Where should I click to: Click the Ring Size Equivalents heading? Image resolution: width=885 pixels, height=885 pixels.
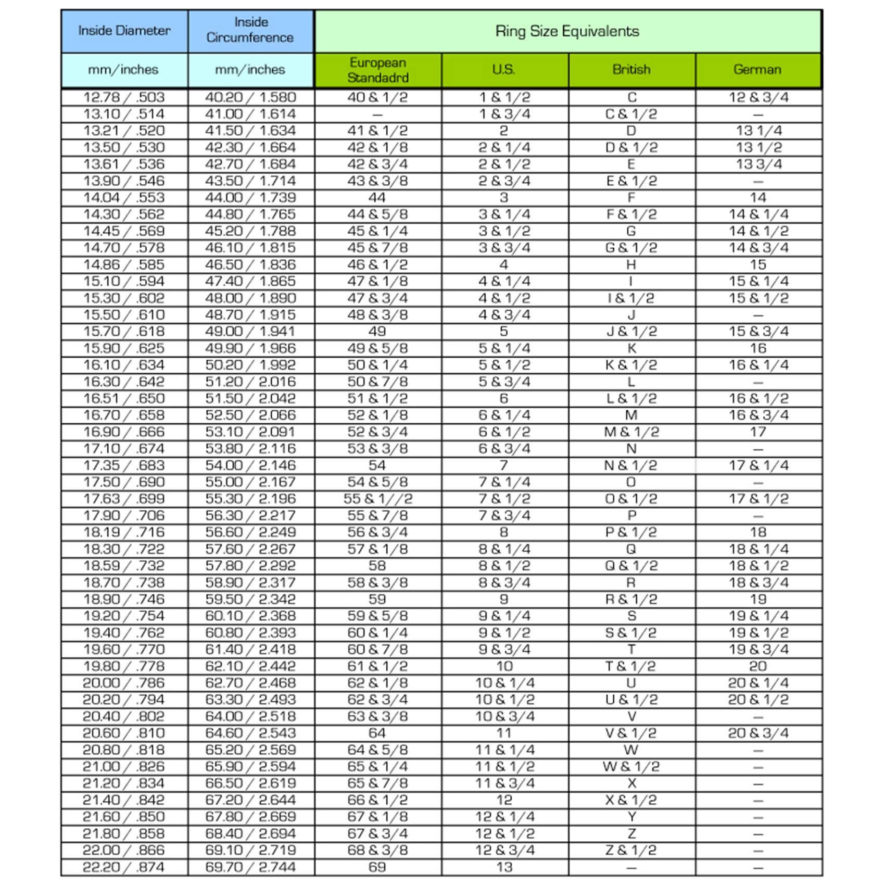pyautogui.click(x=567, y=31)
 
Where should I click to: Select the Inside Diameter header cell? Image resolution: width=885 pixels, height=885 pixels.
pyautogui.click(x=124, y=31)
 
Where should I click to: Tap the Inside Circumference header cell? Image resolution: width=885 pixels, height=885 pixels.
pyautogui.click(x=250, y=30)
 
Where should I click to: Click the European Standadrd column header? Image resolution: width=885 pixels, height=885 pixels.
pyautogui.click(x=377, y=70)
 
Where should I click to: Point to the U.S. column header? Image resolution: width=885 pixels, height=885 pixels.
pyautogui.click(x=504, y=70)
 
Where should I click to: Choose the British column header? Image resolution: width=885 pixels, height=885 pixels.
pyautogui.click(x=631, y=70)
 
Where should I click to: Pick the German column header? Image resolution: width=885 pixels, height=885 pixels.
pyautogui.click(x=757, y=70)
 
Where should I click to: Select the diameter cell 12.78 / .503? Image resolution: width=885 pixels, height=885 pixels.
pyautogui.click(x=124, y=97)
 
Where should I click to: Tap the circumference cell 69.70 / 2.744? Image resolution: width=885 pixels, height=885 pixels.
pyautogui.click(x=250, y=867)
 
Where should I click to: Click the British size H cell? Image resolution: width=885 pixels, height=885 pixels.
pyautogui.click(x=631, y=264)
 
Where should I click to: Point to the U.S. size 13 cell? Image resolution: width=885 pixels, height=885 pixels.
pyautogui.click(x=504, y=867)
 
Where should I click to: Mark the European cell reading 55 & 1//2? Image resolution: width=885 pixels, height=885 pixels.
pyautogui.click(x=377, y=499)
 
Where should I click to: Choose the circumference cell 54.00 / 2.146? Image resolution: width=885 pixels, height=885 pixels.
pyautogui.click(x=250, y=465)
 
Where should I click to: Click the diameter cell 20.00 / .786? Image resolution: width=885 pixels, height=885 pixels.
pyautogui.click(x=124, y=682)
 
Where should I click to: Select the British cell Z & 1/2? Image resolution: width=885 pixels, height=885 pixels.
pyautogui.click(x=631, y=850)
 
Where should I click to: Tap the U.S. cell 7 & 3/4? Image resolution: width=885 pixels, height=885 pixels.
pyautogui.click(x=504, y=515)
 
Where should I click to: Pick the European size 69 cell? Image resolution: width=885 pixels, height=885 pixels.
pyautogui.click(x=377, y=867)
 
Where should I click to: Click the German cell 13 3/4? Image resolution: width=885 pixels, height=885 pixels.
pyautogui.click(x=758, y=164)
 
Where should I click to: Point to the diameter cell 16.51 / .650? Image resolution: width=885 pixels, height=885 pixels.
pyautogui.click(x=124, y=398)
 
